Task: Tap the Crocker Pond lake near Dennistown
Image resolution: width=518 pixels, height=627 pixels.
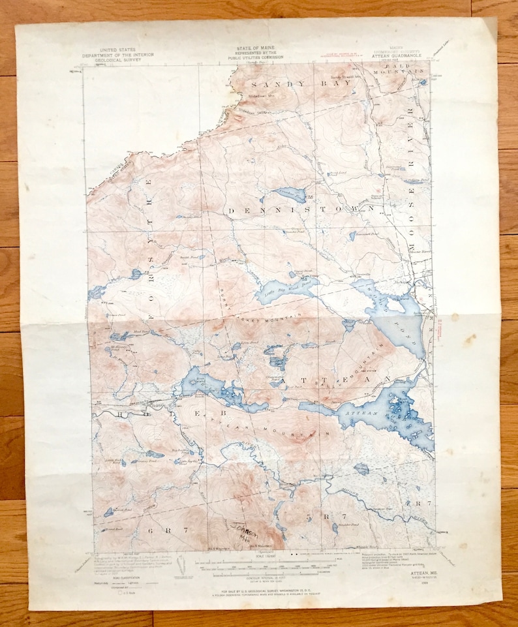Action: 290,194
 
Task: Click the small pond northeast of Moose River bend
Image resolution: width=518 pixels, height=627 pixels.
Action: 361,468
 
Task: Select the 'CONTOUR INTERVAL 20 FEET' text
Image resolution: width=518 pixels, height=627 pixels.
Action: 260,568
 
